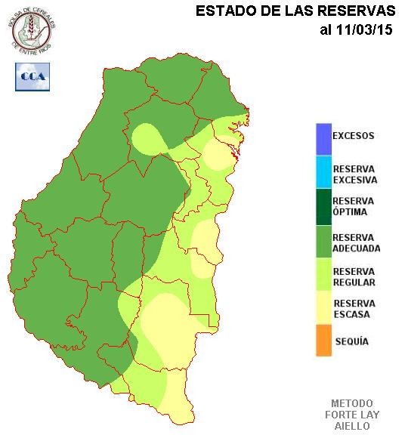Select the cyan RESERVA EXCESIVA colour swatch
[x=323, y=171]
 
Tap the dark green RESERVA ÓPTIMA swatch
[x=323, y=206]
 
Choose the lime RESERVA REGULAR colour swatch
[x=323, y=276]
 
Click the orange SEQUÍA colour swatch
[x=323, y=340]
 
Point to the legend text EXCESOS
[x=353, y=137]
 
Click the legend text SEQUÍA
[x=351, y=341]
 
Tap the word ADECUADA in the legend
[x=356, y=248]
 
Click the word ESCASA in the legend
[x=350, y=315]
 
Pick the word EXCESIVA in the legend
[x=354, y=180]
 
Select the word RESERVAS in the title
[x=359, y=11]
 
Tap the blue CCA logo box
[x=33, y=76]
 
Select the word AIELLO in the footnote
[x=351, y=426]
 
